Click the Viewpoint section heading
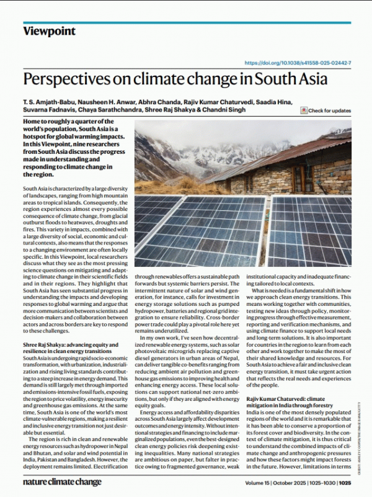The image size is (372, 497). [x=49, y=31]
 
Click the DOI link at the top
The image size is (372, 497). [x=298, y=63]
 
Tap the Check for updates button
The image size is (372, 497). [x=329, y=110]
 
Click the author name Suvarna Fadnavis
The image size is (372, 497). [x=47, y=110]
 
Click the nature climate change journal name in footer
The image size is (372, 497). [x=62, y=481]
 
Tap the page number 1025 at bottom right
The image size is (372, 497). [x=345, y=481]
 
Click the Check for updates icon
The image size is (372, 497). [x=304, y=110]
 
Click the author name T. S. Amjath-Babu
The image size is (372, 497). [x=45, y=101]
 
